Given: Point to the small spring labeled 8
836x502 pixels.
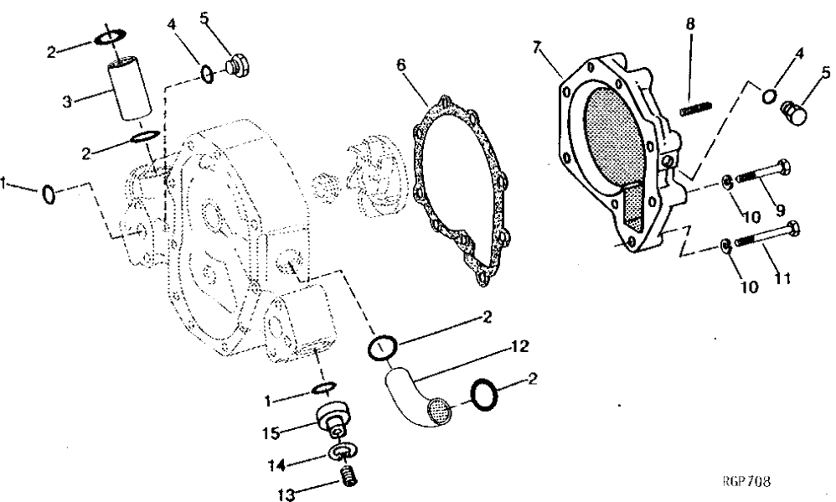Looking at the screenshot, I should click(695, 109).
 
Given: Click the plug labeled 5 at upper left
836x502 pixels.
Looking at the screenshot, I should click(237, 66).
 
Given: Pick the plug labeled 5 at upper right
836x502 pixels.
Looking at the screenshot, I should click(796, 111).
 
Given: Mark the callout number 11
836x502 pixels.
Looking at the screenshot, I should click(782, 278).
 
